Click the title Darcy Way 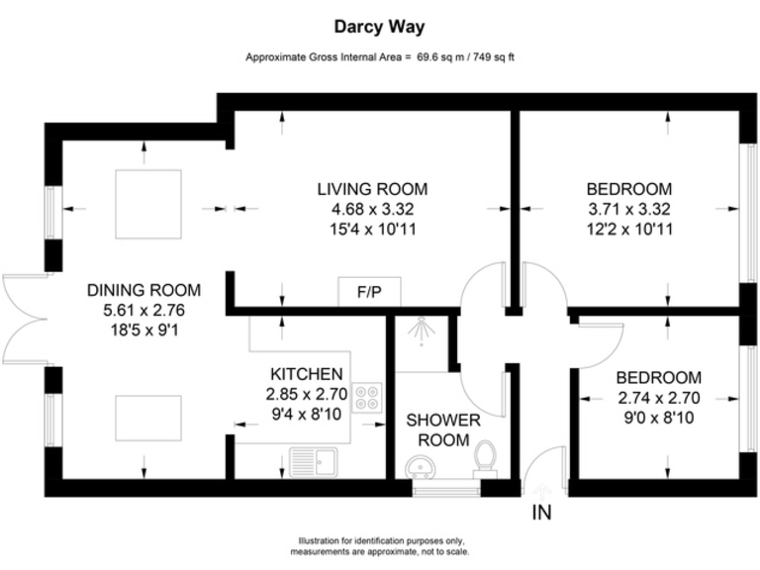(379, 28)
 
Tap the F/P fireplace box (369, 292)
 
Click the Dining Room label (143, 290)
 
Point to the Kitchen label (307, 374)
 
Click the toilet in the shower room (485, 458)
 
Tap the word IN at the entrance (541, 513)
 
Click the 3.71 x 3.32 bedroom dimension (628, 209)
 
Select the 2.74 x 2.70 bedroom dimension (658, 398)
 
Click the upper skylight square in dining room (147, 204)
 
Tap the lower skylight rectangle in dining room (147, 418)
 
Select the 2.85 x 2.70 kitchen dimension (307, 394)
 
